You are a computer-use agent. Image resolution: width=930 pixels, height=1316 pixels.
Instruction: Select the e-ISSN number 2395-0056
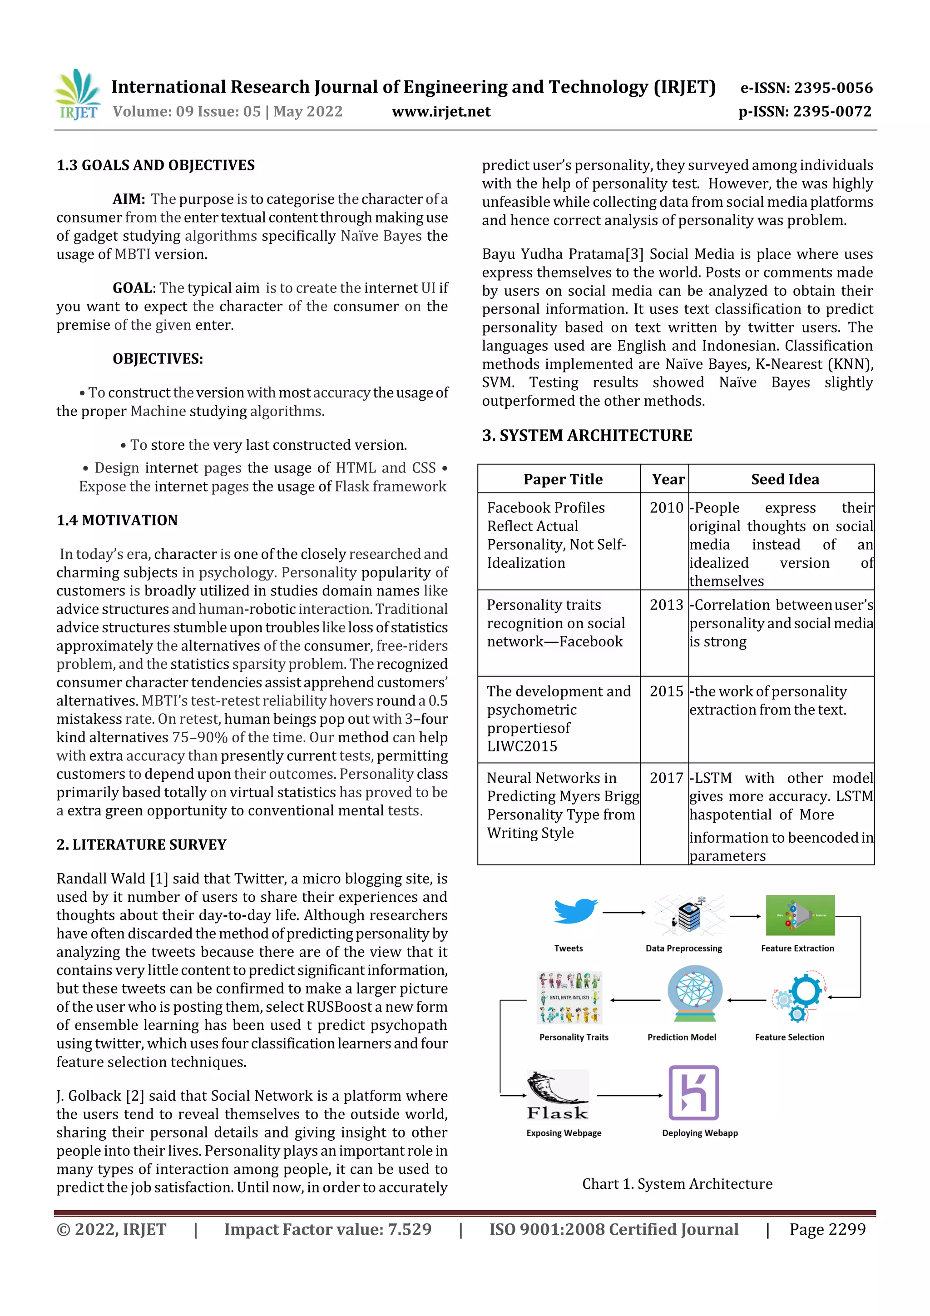point(806,88)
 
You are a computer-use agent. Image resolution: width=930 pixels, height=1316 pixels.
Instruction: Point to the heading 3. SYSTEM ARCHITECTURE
point(587,436)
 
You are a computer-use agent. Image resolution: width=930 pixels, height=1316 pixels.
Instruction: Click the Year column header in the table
point(668,479)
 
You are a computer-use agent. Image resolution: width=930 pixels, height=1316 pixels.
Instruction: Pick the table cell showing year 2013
point(666,605)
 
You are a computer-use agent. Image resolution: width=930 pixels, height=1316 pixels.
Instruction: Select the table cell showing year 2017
point(666,778)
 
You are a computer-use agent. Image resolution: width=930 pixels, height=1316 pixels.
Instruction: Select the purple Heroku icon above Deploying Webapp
point(693,1093)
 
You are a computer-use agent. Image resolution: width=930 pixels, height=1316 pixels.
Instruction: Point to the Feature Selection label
point(789,1037)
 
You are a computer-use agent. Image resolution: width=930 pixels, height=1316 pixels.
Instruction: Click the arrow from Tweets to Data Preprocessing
point(623,912)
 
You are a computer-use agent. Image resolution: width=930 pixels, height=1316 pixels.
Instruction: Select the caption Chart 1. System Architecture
point(677,1184)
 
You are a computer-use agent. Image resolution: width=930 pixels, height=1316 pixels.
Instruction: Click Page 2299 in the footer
point(827,1229)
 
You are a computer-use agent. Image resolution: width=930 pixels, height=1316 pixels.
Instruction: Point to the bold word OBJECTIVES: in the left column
point(158,359)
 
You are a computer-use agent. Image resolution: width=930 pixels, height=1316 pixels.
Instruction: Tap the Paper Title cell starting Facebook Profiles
point(556,535)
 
